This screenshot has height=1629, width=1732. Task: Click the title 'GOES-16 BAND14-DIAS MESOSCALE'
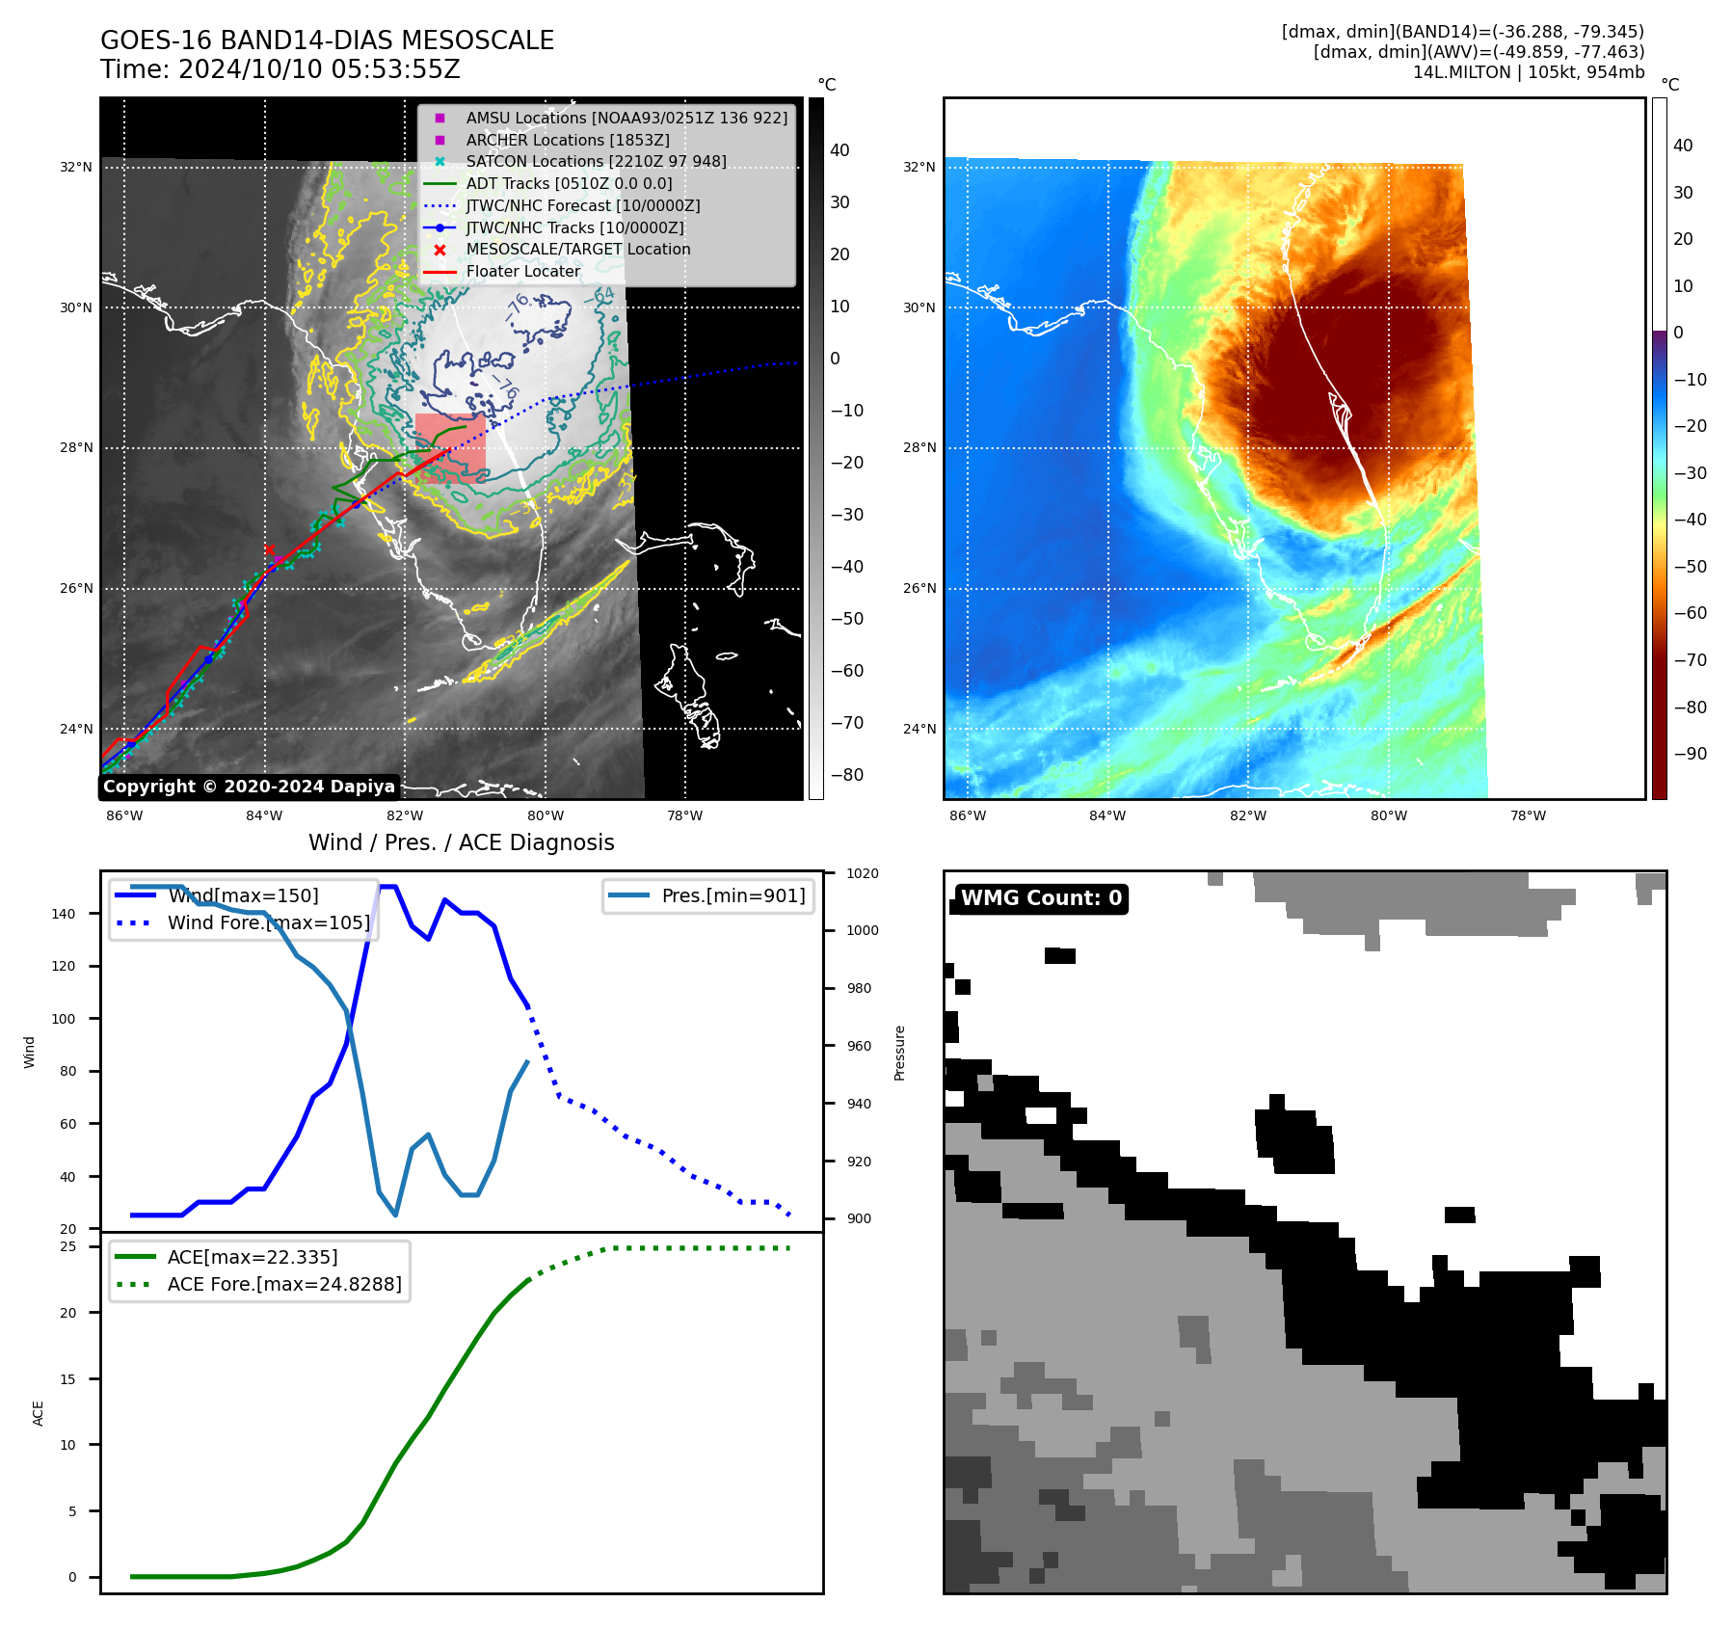click(327, 40)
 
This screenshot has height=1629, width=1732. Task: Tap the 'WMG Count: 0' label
click(1040, 898)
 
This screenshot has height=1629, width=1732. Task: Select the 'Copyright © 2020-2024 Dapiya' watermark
click(249, 787)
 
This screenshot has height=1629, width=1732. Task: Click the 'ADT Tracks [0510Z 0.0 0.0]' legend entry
click(569, 183)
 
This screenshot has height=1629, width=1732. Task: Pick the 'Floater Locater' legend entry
click(523, 272)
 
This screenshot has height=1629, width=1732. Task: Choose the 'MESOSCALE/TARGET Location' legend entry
click(578, 250)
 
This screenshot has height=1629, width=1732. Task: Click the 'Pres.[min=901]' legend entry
click(733, 895)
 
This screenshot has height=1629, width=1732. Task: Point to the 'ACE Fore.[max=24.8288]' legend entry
click(284, 1284)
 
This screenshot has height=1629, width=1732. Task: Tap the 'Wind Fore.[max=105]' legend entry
click(268, 922)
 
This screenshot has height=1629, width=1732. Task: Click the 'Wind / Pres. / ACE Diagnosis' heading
click(461, 842)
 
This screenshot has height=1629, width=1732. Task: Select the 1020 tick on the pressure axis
click(863, 874)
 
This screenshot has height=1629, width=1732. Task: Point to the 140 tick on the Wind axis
click(64, 914)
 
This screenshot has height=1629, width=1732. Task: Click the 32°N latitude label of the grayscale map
click(76, 167)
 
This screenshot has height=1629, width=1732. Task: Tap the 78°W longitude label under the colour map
click(1528, 815)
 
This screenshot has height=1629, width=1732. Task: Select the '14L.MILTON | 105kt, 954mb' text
click(1528, 72)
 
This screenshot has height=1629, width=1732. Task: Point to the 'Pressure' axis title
click(899, 1053)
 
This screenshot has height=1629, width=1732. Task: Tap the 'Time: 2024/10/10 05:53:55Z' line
click(280, 69)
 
